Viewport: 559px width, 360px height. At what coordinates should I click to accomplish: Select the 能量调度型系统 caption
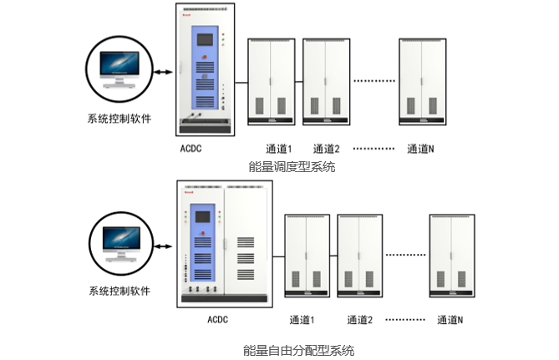pos(292,167)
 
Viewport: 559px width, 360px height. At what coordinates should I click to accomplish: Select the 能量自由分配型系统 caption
pos(298,349)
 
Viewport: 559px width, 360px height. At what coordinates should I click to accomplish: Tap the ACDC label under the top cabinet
pos(191,149)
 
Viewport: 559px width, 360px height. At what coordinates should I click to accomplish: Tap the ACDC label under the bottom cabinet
pos(217,319)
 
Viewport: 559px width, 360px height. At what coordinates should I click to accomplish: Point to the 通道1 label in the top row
pos(278,150)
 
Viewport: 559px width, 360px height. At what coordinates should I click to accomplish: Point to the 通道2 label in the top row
pos(325,150)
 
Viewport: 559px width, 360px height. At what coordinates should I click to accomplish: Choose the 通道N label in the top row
pos(420,150)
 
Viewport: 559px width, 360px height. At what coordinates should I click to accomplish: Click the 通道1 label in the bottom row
pos(302,319)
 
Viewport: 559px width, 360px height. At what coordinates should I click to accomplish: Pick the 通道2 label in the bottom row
pos(359,319)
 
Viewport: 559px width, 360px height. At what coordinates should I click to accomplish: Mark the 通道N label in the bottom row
pos(450,319)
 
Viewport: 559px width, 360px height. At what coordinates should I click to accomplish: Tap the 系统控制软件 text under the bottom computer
pos(119,292)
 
